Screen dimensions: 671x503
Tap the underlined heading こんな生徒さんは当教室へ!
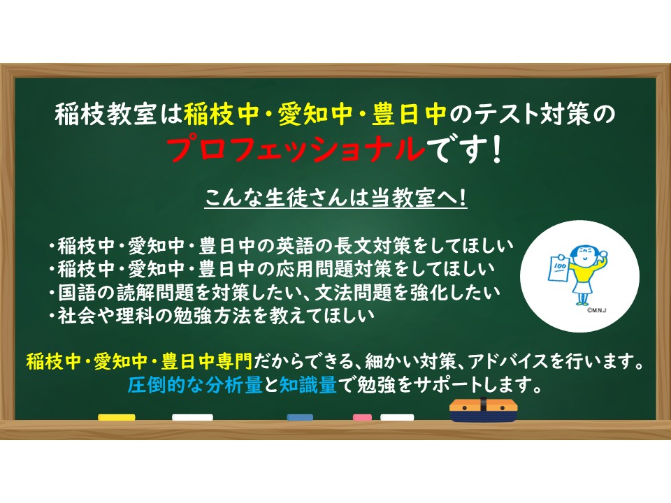[x=336, y=198]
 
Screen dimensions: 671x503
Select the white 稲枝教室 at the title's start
[x=106, y=114]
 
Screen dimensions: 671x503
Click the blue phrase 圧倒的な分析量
[x=195, y=385]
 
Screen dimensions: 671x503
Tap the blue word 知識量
[x=308, y=385]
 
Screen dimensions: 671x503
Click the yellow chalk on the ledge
[x=117, y=418]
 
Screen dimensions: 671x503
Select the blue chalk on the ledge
[x=300, y=418]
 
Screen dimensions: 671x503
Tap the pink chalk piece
[x=362, y=418]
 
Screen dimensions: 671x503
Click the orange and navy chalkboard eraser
[x=483, y=410]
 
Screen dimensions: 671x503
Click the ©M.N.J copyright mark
[x=596, y=310]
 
